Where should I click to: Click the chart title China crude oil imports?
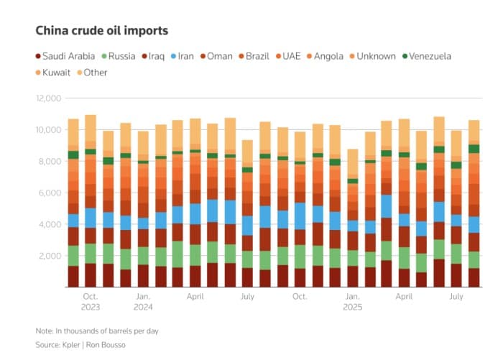click(101, 31)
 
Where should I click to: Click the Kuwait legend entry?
click(52, 73)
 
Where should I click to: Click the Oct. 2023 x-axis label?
click(91, 302)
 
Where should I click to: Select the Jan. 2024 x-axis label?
click(143, 302)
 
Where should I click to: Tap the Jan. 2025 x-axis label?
click(351, 302)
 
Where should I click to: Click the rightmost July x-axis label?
click(456, 296)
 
